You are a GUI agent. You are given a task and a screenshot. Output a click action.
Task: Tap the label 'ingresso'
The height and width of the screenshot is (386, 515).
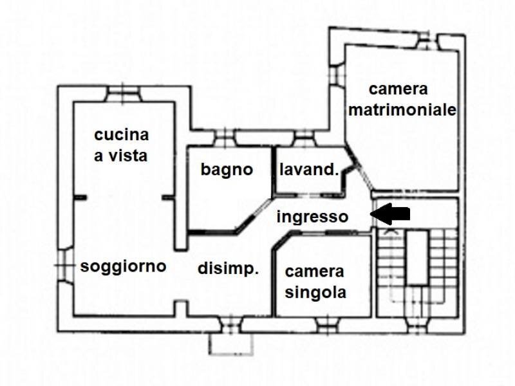(312, 217)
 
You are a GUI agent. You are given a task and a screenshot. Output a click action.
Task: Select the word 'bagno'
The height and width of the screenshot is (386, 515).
(226, 170)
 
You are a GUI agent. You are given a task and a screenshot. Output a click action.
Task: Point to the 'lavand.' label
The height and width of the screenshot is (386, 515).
(309, 170)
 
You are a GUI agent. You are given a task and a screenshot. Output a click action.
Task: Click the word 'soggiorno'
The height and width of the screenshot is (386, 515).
(123, 266)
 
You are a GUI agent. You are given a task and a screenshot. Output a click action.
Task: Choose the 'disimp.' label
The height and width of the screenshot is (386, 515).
(228, 270)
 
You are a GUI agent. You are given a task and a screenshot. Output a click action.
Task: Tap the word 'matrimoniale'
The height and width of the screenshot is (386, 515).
(402, 110)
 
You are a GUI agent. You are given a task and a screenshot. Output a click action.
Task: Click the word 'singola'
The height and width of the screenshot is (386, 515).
(315, 293)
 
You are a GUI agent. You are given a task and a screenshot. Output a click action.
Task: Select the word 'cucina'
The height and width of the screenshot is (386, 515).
(122, 135)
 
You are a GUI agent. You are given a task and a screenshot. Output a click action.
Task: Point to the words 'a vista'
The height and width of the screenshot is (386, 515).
(122, 156)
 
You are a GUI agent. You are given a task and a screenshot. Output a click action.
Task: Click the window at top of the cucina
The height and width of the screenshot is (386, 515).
(123, 95)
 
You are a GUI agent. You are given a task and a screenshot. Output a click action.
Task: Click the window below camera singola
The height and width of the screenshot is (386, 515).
(326, 324)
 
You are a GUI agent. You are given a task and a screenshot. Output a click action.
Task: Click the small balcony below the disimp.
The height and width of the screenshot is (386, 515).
(230, 344)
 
